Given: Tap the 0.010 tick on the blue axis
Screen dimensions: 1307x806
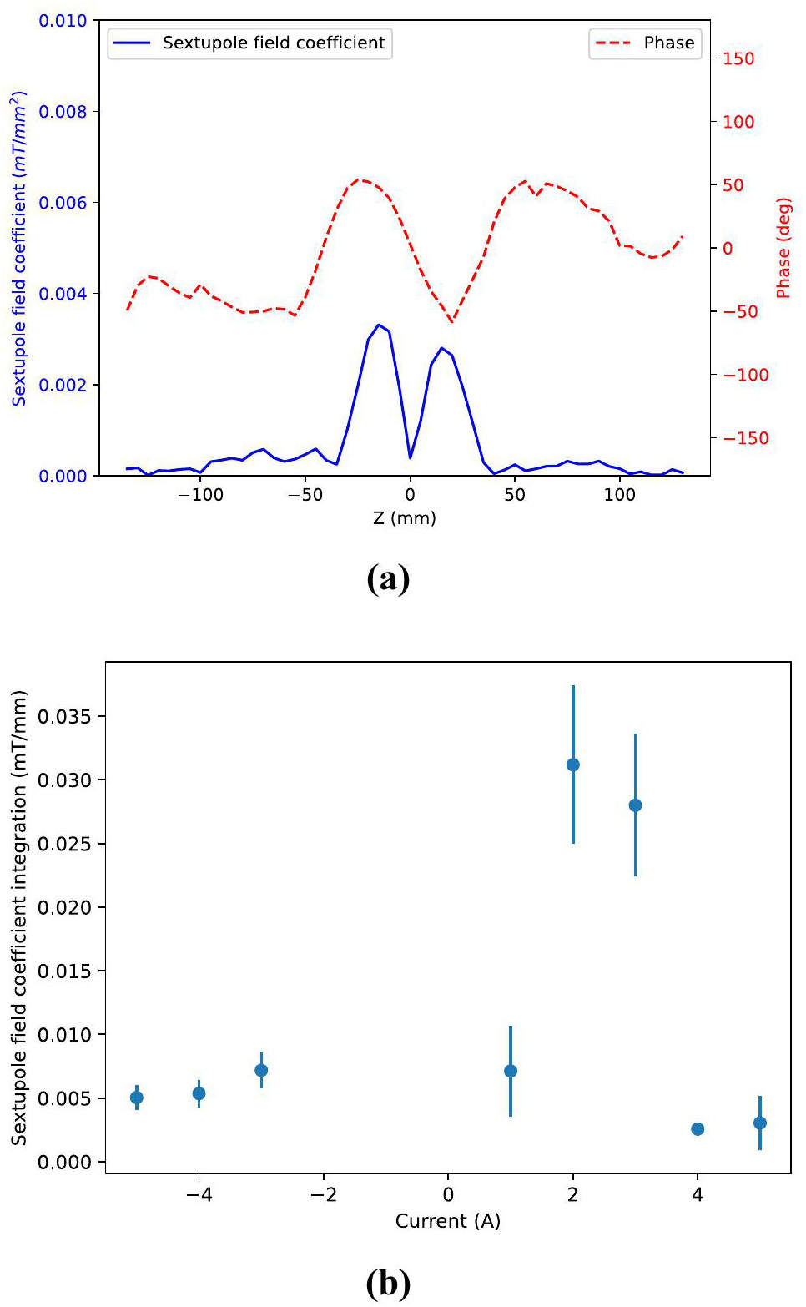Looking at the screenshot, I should tap(63, 21).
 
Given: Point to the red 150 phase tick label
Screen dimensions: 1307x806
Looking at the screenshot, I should tap(738, 59).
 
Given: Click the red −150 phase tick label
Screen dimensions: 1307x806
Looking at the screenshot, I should tap(745, 438).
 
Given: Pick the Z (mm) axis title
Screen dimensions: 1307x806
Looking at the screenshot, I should tap(405, 518).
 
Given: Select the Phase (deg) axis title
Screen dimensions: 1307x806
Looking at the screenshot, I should tap(783, 248).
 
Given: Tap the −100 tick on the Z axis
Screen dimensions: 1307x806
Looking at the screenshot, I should tap(200, 495).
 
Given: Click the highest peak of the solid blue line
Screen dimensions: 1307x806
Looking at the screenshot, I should tap(379, 325).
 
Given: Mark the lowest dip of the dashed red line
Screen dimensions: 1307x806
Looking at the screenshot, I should tap(452, 322).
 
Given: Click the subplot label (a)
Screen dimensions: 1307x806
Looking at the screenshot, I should tap(388, 578).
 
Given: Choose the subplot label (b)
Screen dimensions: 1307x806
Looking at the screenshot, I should tap(388, 1283).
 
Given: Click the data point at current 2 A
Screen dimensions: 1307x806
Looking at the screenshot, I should tap(573, 765).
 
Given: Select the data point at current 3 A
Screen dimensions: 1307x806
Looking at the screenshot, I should tap(635, 805).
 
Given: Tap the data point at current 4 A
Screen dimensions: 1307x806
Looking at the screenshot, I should tap(698, 1129).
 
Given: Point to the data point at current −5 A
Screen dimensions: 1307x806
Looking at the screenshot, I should tap(137, 1098).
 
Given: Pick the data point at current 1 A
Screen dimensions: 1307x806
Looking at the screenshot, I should tap(511, 1071).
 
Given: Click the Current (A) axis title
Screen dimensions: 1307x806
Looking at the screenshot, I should tap(448, 1221).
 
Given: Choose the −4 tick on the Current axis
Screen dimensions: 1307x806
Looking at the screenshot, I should tap(199, 1195).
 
